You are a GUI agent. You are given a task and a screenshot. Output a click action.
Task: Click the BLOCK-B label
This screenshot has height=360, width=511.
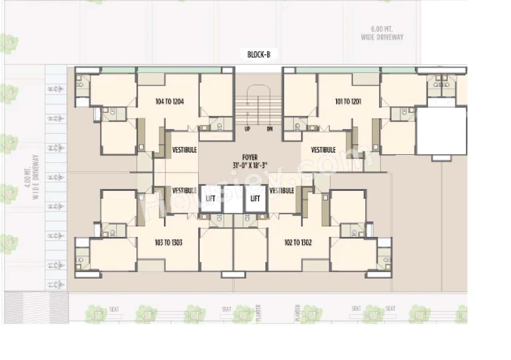point(259,55)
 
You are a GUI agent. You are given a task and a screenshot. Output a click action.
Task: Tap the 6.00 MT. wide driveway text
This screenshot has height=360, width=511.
point(382,33)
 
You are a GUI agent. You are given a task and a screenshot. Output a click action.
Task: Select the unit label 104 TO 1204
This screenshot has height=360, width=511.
point(169,102)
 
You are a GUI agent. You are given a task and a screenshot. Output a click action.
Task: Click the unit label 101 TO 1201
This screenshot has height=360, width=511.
point(348,102)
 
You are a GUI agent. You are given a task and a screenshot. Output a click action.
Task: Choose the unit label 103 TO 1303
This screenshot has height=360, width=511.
point(169,242)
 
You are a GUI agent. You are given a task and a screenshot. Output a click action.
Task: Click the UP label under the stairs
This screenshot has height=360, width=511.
point(248,129)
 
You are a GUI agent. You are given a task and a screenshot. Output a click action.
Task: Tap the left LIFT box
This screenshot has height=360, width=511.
point(210,198)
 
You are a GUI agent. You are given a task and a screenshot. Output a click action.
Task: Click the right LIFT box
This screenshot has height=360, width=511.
point(255,198)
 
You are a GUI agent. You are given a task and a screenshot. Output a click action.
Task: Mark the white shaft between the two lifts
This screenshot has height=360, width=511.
point(233,199)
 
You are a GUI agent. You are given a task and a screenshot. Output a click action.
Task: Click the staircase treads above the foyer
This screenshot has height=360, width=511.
point(258,107)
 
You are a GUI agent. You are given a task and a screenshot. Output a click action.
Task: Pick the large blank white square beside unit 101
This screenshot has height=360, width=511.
point(441,131)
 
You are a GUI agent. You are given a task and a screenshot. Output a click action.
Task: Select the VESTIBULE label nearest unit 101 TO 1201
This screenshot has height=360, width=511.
point(323,150)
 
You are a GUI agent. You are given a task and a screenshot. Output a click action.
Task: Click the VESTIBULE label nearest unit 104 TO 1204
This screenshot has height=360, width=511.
point(184,150)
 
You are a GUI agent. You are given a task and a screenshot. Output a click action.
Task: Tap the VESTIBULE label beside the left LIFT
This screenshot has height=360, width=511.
point(184,190)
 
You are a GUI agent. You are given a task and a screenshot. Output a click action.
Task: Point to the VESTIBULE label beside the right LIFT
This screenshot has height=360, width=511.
point(281,190)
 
